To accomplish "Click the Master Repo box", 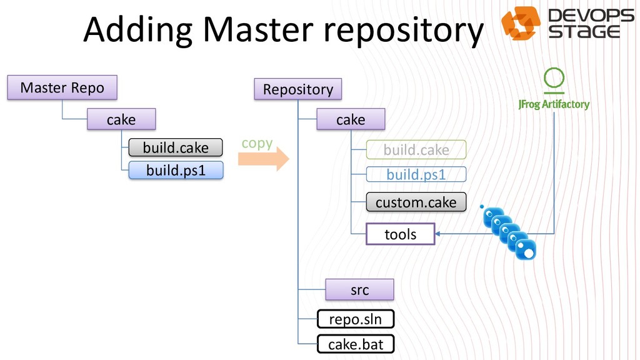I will pyautogui.click(x=62, y=87).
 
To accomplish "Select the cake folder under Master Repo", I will pyautogui.click(x=121, y=119).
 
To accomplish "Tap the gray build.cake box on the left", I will pyautogui.click(x=175, y=147).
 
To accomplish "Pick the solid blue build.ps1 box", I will pyautogui.click(x=175, y=170).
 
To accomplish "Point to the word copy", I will pyautogui.click(x=257, y=143).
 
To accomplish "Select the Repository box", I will pyautogui.click(x=297, y=89).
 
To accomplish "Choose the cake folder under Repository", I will pyautogui.click(x=350, y=119).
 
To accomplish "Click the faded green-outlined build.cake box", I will pyautogui.click(x=416, y=150).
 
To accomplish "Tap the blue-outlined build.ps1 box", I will pyautogui.click(x=416, y=174).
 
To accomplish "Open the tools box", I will pyautogui.click(x=400, y=234).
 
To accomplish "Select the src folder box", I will pyautogui.click(x=359, y=289).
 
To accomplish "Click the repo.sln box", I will pyautogui.click(x=356, y=319).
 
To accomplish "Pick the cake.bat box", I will pyautogui.click(x=356, y=344).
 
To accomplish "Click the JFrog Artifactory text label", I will pyautogui.click(x=554, y=104).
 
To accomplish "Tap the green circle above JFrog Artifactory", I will pyautogui.click(x=554, y=79).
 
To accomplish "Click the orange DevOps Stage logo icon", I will pyautogui.click(x=521, y=23).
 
